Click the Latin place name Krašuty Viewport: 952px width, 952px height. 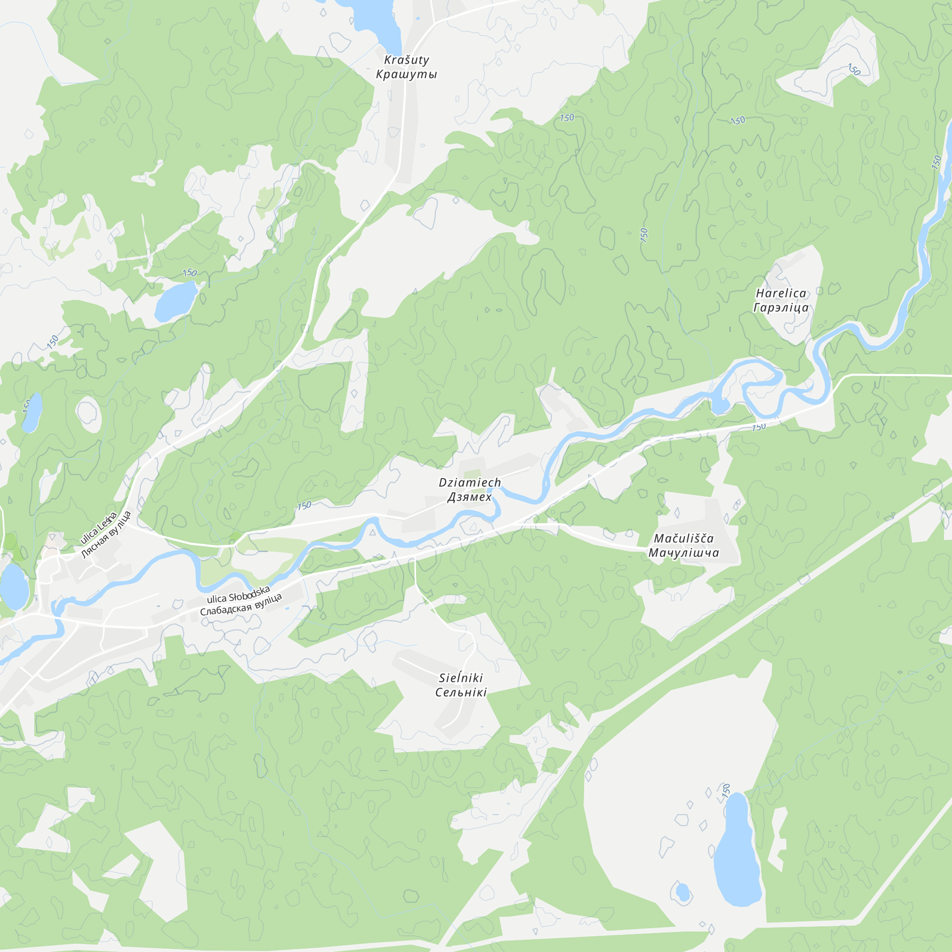(x=407, y=60)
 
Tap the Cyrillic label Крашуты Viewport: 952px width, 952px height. (x=407, y=74)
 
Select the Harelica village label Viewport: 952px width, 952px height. (x=781, y=293)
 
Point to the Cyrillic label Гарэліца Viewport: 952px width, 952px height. (x=781, y=307)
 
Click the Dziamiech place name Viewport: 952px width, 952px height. (x=470, y=482)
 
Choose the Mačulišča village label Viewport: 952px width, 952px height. (x=684, y=538)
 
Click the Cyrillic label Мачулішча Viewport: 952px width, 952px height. (x=684, y=552)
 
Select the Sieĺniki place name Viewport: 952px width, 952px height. (x=461, y=677)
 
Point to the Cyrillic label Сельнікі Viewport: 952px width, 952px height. (x=461, y=692)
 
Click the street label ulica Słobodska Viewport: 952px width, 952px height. (x=238, y=594)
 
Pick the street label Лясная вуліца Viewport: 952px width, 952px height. (x=107, y=535)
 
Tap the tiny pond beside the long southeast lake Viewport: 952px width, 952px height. (x=683, y=892)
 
